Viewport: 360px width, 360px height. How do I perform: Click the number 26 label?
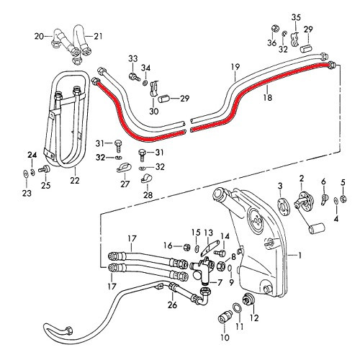(171, 305)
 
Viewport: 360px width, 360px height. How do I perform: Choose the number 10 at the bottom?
(224, 337)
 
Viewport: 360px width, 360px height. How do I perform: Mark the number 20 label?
(40, 35)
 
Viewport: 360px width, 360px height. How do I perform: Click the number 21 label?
(99, 35)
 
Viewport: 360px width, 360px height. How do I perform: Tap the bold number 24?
(31, 155)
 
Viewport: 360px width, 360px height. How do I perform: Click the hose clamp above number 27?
(123, 170)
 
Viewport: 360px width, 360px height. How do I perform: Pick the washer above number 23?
(24, 172)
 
